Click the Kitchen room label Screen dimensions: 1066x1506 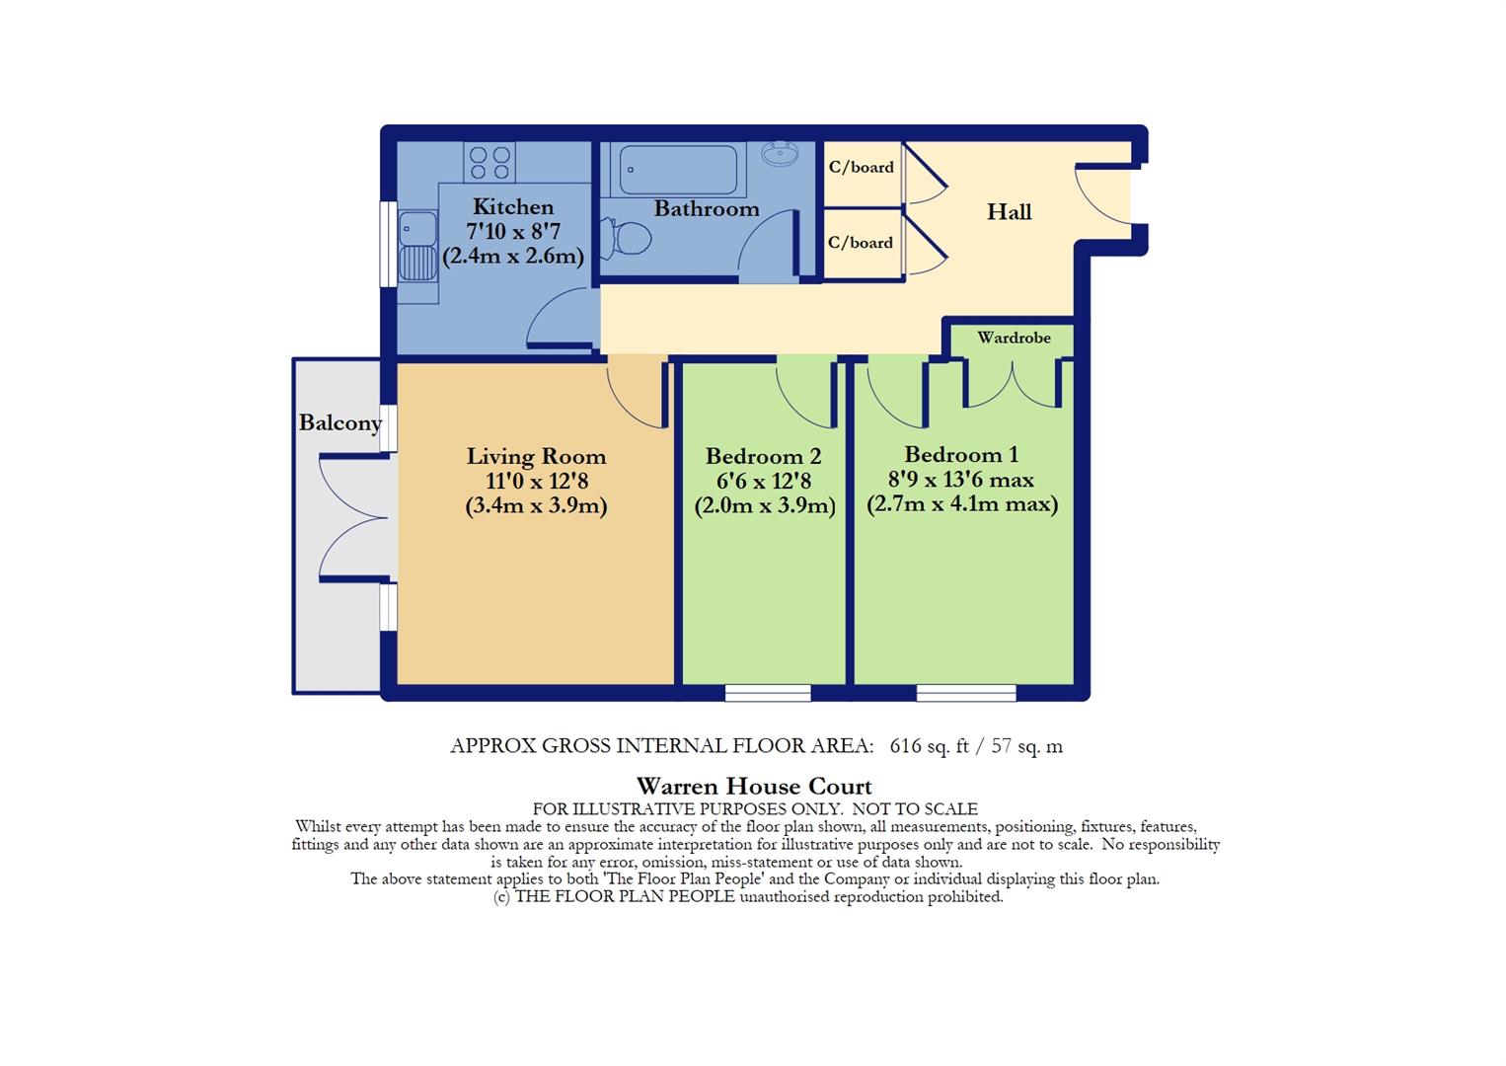tap(512, 207)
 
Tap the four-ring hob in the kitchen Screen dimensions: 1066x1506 tap(490, 163)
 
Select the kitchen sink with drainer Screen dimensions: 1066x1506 tap(418, 249)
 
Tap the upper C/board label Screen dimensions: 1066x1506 tap(861, 168)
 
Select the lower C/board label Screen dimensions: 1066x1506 tap(861, 243)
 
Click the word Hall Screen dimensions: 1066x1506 tap(1009, 212)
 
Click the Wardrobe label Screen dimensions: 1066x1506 tap(1014, 338)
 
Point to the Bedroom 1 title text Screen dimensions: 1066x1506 tap(960, 455)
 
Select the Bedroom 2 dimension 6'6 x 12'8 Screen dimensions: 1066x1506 tap(764, 482)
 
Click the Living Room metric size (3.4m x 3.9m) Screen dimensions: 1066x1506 tap(536, 506)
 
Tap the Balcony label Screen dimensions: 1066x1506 tap(340, 423)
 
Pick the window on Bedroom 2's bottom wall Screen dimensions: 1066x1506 tap(768, 694)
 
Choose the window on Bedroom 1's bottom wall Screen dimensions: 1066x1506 tap(965, 694)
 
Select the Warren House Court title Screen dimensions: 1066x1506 tap(754, 787)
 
